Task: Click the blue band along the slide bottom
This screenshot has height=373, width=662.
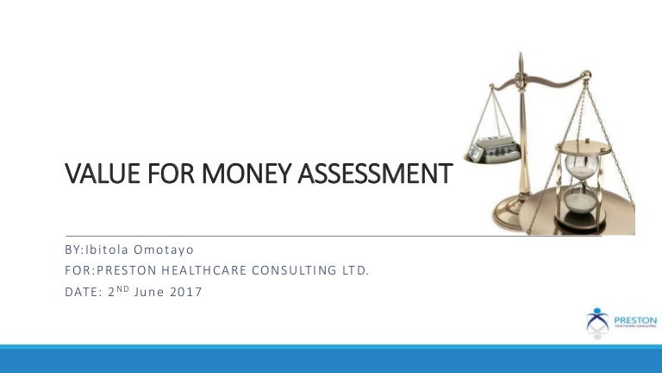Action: [331, 360]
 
